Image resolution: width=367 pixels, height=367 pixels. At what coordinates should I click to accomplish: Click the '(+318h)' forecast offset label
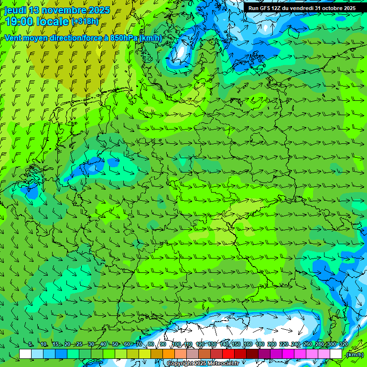click(x=85, y=22)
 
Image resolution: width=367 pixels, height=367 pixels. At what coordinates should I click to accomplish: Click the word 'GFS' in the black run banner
click(x=266, y=8)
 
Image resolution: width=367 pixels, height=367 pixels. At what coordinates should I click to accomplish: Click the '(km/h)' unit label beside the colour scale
click(x=355, y=354)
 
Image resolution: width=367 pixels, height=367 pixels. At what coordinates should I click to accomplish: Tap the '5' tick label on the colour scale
click(x=31, y=344)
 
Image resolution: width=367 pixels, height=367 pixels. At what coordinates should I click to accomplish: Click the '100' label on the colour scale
click(x=176, y=344)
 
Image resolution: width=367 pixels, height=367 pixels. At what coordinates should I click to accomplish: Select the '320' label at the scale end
click(x=343, y=344)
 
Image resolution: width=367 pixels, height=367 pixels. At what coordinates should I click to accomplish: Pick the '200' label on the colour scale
click(x=272, y=344)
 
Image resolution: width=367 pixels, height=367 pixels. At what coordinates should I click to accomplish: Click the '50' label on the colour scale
click(x=115, y=344)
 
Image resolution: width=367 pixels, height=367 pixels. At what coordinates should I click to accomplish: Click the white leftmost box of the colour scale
click(x=25, y=354)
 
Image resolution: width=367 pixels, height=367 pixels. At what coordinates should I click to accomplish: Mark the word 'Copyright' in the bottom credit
click(x=180, y=364)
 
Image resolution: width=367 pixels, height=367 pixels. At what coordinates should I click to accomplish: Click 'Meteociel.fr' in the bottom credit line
click(x=222, y=364)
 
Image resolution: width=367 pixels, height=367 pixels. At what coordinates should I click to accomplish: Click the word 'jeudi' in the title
click(x=15, y=10)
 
